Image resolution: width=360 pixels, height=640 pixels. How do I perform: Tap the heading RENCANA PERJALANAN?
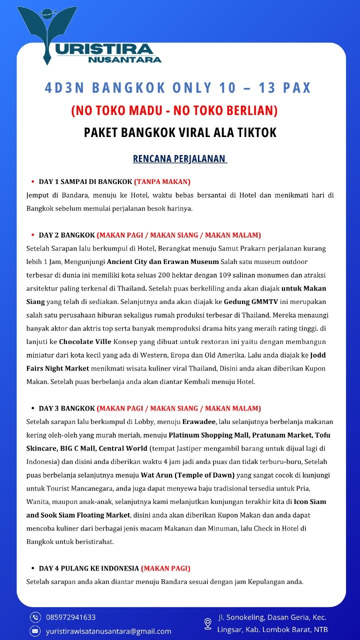click(179, 159)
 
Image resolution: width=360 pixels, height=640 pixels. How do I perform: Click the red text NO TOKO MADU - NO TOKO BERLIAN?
click(174, 110)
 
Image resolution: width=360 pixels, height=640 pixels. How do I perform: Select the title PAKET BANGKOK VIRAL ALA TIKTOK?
click(180, 132)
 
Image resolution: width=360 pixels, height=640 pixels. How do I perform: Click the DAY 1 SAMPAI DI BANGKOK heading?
click(85, 181)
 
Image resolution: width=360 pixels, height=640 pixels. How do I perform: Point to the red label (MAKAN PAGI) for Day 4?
click(165, 568)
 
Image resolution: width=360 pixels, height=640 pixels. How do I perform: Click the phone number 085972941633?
click(71, 617)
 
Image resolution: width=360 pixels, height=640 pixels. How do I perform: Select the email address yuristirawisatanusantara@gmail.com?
click(108, 631)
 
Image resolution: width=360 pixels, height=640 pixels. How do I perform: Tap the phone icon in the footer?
click(35, 617)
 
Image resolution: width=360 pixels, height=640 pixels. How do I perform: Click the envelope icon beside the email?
click(35, 631)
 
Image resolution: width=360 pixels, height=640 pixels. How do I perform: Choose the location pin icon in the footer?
click(208, 623)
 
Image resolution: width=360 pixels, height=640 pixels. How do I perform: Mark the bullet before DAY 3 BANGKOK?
click(32, 408)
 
